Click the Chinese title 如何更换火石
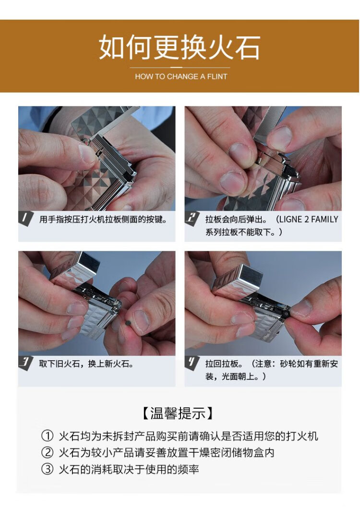point(180,47)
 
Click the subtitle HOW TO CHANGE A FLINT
point(181,77)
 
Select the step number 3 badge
point(25,362)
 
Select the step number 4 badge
point(192,362)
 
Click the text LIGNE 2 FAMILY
point(309,219)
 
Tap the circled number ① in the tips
point(47,436)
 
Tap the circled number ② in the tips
point(47,452)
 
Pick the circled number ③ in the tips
point(47,469)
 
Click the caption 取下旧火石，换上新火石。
point(86,364)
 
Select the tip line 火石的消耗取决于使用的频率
point(129,469)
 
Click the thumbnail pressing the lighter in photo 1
point(87,153)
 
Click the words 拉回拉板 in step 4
point(222,364)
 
